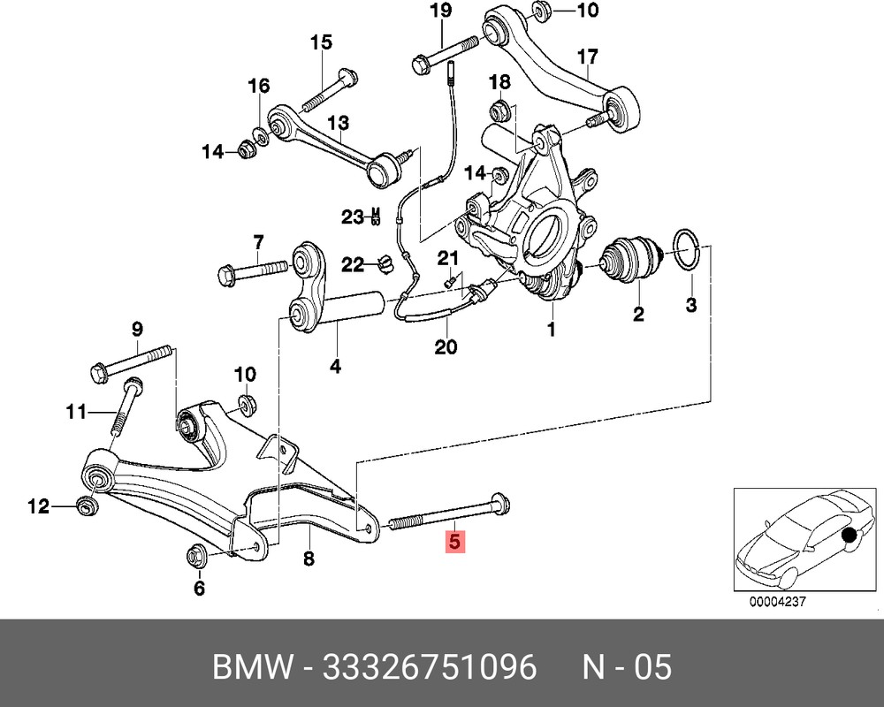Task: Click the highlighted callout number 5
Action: click(x=453, y=541)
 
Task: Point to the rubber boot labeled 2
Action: click(x=629, y=262)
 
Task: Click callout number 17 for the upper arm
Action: click(x=588, y=57)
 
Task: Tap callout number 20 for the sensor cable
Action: click(x=446, y=347)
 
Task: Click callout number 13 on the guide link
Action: click(x=339, y=123)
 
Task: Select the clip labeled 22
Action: click(x=384, y=262)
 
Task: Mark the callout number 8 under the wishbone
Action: click(x=309, y=559)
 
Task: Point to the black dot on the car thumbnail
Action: click(x=850, y=536)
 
